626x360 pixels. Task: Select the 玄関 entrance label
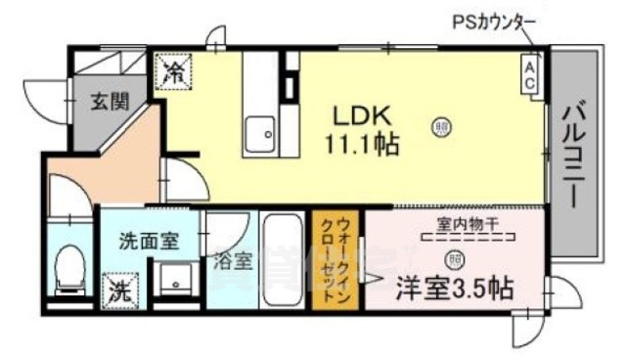click(107, 100)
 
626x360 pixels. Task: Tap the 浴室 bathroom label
click(233, 262)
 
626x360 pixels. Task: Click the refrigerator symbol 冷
click(175, 70)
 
